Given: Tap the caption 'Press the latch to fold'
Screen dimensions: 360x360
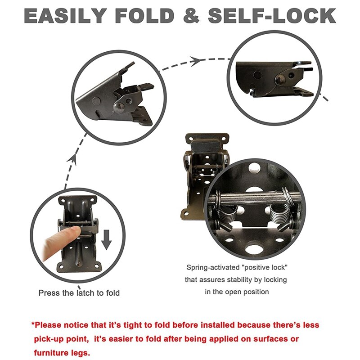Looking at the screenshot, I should click(79, 293).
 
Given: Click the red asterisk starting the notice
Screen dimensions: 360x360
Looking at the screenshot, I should click(33, 325).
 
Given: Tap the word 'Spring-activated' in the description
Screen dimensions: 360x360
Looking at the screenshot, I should click(213, 268).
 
